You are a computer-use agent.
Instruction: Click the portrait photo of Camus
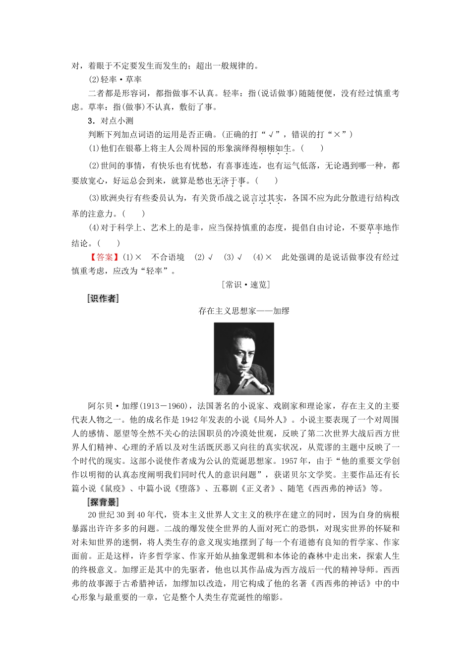(243, 358)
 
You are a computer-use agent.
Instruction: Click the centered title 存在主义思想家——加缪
(243, 311)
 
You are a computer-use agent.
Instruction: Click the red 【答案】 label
(104, 257)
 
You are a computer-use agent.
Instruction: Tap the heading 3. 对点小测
(110, 120)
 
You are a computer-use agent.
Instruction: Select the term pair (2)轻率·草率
(115, 79)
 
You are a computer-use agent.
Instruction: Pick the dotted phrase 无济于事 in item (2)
(230, 181)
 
